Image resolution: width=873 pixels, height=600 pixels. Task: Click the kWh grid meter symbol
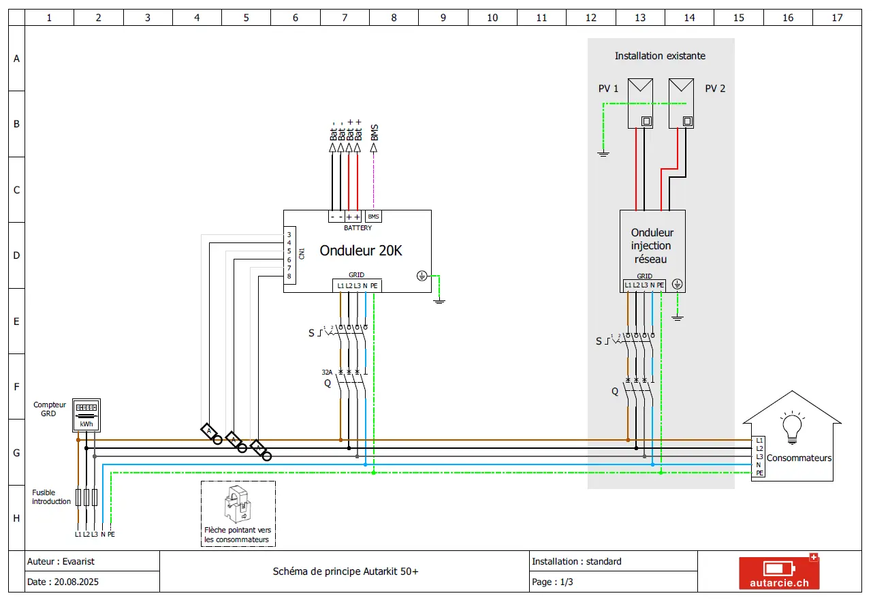coord(86,415)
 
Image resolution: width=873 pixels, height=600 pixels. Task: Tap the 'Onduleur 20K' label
coord(361,251)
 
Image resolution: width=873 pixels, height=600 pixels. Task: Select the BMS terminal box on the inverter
coord(373,217)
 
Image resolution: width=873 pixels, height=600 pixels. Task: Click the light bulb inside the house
coord(792,428)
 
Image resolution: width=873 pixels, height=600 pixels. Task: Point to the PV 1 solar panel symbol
coord(640,104)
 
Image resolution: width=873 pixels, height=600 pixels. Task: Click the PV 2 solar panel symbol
coord(681,104)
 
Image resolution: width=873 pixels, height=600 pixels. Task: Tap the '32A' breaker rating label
coord(327,373)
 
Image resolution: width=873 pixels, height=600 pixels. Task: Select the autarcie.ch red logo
coord(779,572)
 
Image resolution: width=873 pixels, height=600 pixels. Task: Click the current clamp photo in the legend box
coord(238,504)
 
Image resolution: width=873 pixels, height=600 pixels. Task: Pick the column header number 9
coord(443,18)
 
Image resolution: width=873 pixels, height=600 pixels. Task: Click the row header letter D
coord(16,255)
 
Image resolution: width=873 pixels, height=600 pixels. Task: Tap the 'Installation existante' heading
coord(660,56)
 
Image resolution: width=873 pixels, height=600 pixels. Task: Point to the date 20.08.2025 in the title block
coord(76,582)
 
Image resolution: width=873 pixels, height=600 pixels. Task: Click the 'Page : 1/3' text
coord(552,582)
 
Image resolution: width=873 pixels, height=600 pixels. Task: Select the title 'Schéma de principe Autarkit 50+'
coord(345,571)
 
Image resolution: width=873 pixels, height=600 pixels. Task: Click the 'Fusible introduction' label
coord(51,496)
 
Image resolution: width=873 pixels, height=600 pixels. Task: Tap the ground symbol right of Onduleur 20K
coord(439,301)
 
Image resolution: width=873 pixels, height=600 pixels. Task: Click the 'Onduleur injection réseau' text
coord(652,246)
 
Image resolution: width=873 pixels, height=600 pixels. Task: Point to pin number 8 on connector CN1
coord(289,276)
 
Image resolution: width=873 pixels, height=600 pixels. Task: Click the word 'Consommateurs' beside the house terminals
coord(799,458)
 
